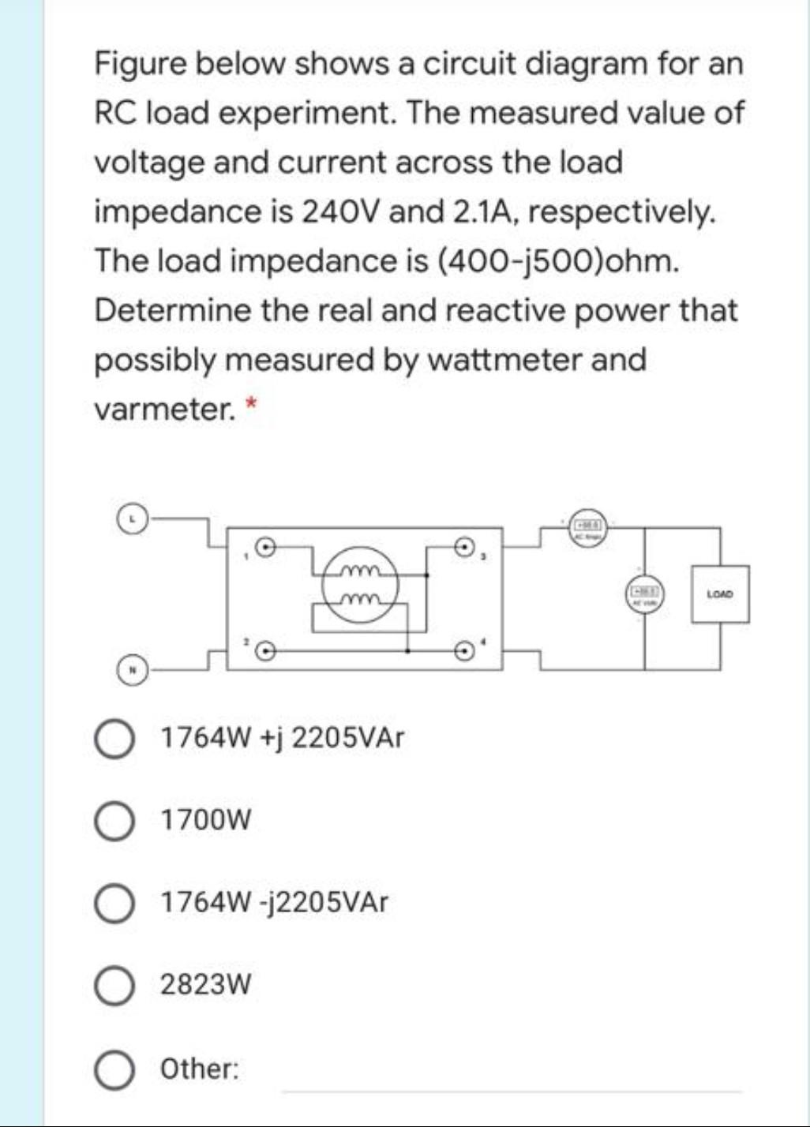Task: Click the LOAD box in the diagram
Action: coord(719,593)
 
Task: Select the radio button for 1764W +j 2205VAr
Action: coord(115,739)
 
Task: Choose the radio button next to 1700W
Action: coord(115,821)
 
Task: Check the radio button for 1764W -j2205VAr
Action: coord(115,902)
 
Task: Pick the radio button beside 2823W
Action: coord(115,985)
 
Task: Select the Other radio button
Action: coord(115,1069)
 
